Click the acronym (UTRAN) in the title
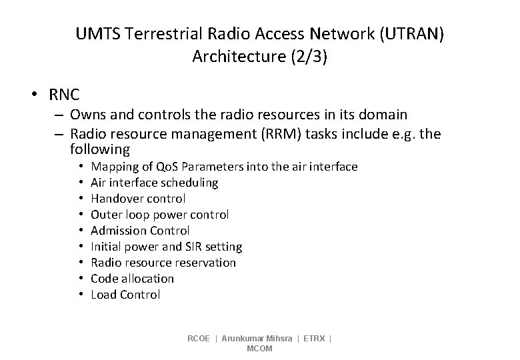pos(411,33)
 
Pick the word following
pos(99,150)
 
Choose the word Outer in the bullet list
pos(105,215)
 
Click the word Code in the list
pos(103,279)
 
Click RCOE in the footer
pos(199,339)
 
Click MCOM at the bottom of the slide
pos(259,349)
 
